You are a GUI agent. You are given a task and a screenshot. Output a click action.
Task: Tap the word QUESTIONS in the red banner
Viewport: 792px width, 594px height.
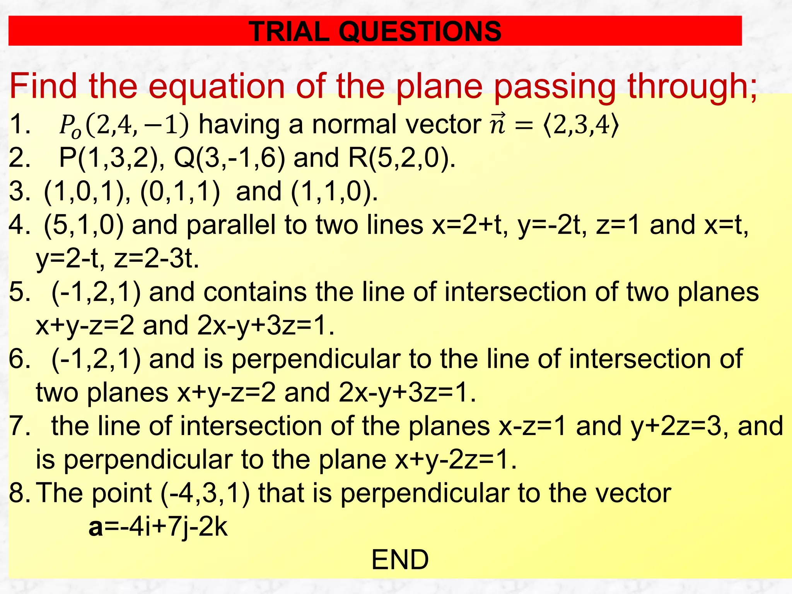pyautogui.click(x=420, y=31)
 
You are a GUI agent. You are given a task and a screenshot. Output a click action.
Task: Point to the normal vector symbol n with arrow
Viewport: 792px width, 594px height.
pyautogui.click(x=498, y=125)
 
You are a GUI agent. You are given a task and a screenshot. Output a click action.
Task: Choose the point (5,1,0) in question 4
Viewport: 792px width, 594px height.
pyautogui.click(x=84, y=225)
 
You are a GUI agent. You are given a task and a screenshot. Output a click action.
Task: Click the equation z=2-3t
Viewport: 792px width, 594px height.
pyautogui.click(x=156, y=259)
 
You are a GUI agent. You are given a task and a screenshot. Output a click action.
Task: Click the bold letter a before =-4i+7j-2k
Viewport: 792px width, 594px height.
pyautogui.click(x=96, y=527)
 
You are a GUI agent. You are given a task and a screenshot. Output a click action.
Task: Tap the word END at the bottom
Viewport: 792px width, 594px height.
pyautogui.click(x=400, y=560)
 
